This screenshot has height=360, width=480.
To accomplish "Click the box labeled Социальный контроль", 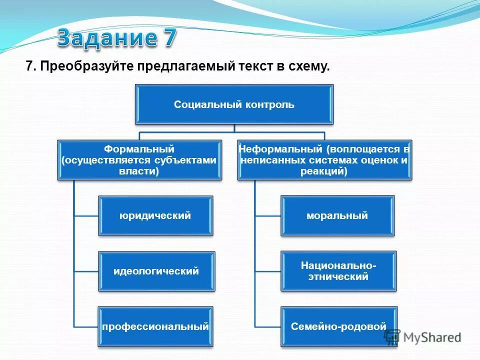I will click(x=234, y=104).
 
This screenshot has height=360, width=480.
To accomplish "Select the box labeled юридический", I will click(x=155, y=216).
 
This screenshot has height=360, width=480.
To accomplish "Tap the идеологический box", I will click(x=156, y=271).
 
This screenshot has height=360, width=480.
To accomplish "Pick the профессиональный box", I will click(x=155, y=327).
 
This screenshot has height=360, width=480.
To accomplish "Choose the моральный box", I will click(x=337, y=216).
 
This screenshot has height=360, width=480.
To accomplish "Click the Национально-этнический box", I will click(x=338, y=270).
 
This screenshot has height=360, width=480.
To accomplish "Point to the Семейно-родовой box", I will click(x=338, y=327).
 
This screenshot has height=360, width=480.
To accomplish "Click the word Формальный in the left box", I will click(x=139, y=149).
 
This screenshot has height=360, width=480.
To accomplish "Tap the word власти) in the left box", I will click(x=139, y=171).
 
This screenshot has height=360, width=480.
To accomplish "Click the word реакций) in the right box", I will click(x=324, y=171).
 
